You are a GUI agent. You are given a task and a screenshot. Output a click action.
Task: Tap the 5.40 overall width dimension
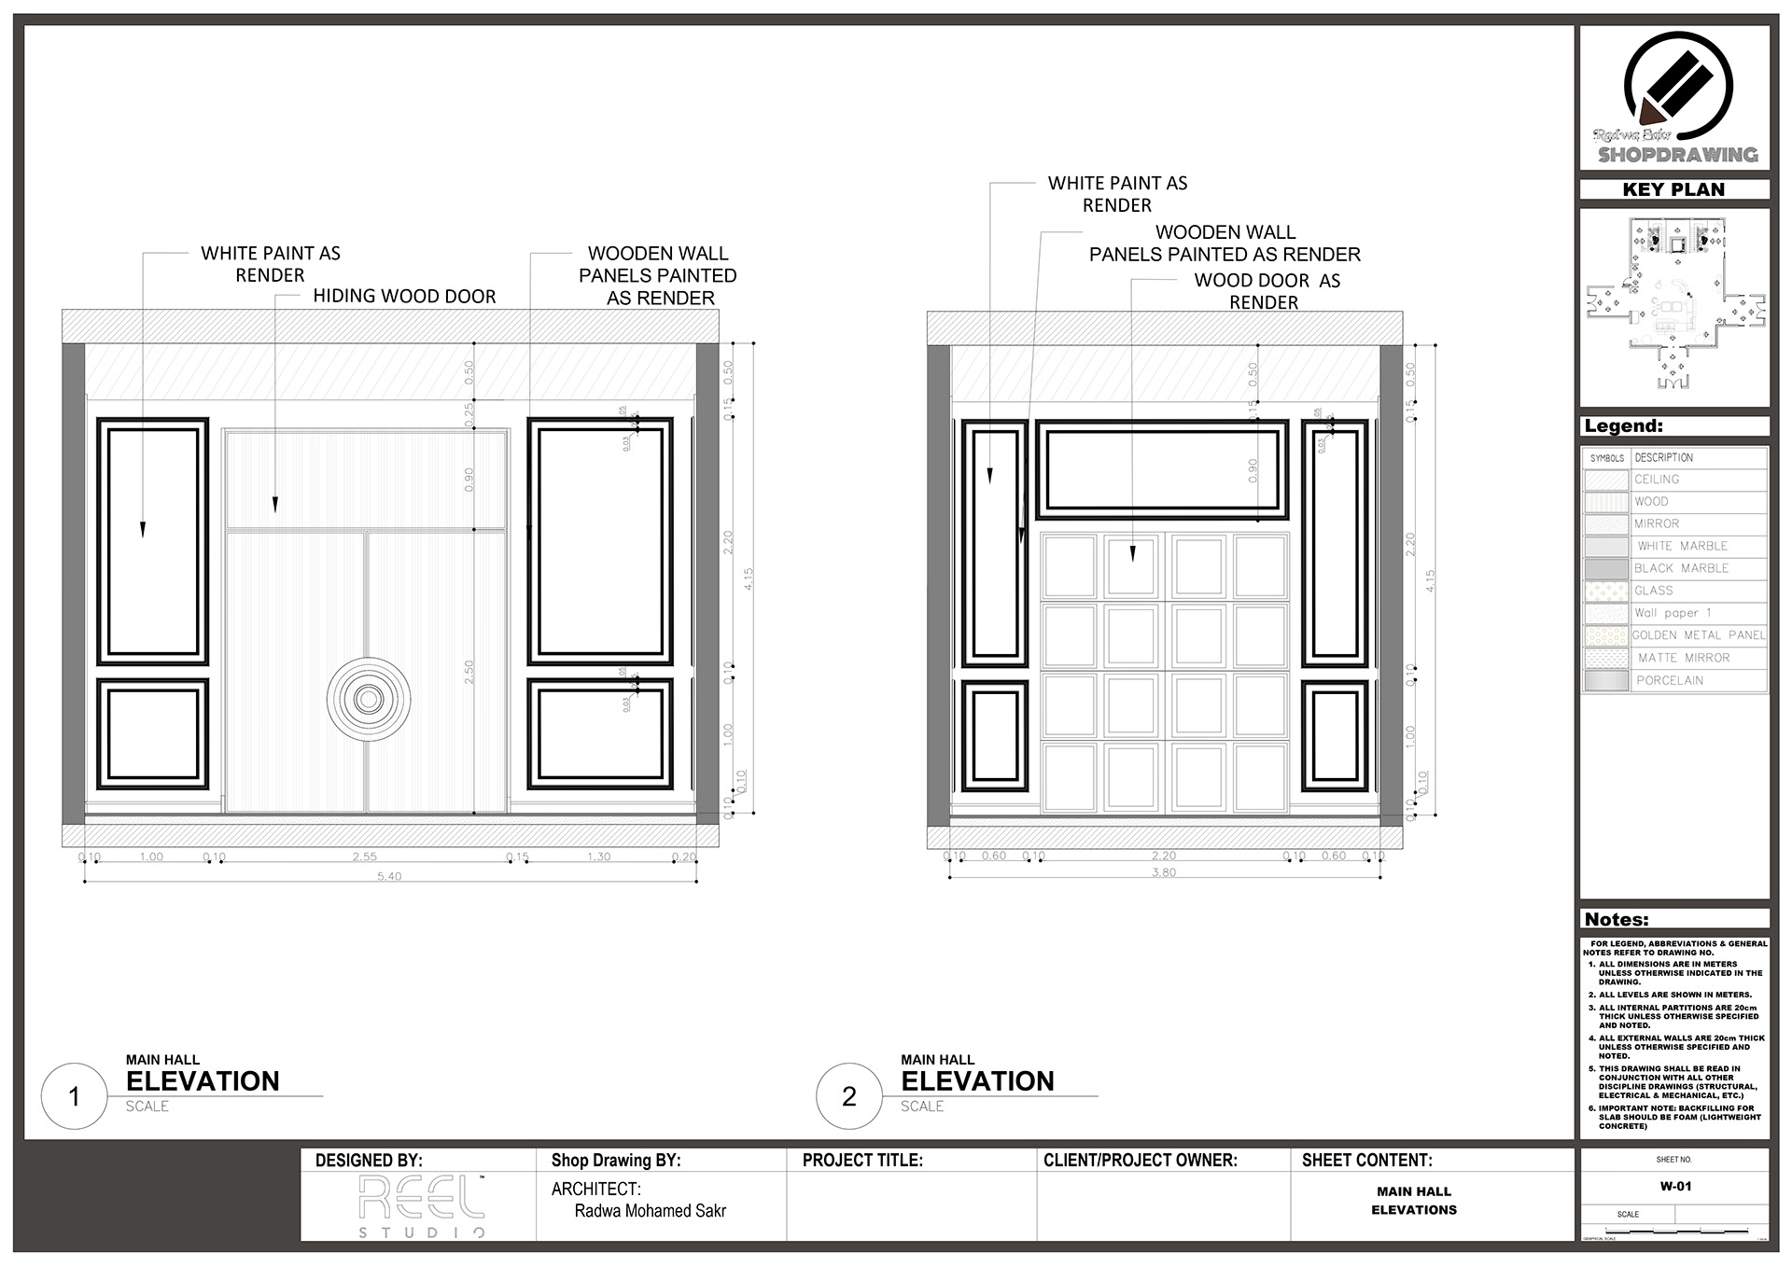point(389,876)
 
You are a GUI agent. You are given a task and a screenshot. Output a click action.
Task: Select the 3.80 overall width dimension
point(1164,872)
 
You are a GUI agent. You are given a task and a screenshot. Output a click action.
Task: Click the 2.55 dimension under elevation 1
point(364,856)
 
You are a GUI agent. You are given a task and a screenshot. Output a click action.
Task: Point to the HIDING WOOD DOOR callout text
point(404,297)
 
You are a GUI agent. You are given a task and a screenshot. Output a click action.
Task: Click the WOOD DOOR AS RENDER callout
point(1267,291)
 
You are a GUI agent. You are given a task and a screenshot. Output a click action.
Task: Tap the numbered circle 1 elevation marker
point(75,1096)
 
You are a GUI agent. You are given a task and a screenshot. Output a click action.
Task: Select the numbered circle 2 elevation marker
point(849,1096)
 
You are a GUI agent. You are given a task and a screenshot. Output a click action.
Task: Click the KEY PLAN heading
point(1673,189)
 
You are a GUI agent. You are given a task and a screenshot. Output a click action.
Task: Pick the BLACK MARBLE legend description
point(1682,568)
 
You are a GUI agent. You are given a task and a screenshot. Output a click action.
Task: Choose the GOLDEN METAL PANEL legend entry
point(1699,635)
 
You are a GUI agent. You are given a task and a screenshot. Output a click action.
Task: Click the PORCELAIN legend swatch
point(1605,681)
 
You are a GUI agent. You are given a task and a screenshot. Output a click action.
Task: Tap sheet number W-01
point(1675,1187)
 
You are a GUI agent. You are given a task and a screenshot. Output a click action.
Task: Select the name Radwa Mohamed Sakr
point(650,1211)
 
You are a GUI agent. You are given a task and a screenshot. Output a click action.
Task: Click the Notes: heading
point(1617,919)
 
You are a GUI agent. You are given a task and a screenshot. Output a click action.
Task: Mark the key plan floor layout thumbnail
point(1674,303)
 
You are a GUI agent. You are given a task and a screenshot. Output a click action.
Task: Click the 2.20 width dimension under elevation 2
point(1164,856)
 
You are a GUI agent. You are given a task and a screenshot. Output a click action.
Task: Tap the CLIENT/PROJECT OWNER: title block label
point(1140,1161)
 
